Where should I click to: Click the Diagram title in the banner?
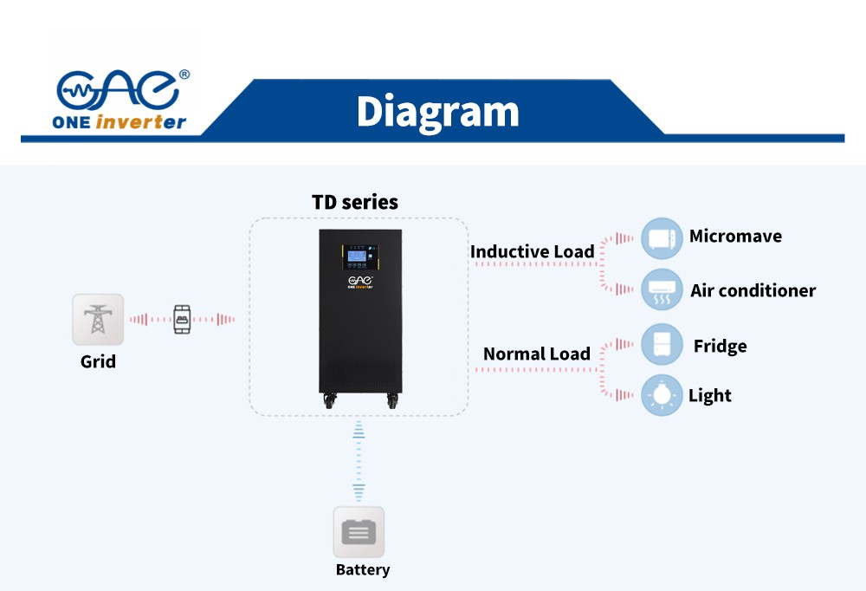[x=437, y=112]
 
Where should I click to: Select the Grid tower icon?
[x=98, y=319]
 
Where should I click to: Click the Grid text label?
[x=98, y=361]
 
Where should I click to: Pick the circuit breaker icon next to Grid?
[x=182, y=319]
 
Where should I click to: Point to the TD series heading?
[x=355, y=203]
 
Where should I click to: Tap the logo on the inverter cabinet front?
[x=359, y=283]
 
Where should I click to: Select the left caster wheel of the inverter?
[x=330, y=401]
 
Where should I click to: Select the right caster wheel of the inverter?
[x=391, y=401]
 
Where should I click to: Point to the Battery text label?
[x=363, y=570]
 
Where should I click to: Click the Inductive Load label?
[x=532, y=252]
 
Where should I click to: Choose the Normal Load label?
[x=537, y=354]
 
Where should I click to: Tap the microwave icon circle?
[x=662, y=238]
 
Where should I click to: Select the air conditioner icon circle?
[x=662, y=290]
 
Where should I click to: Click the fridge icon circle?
[x=662, y=345]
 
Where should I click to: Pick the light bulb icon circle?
[x=662, y=396]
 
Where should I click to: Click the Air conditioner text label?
[x=753, y=291]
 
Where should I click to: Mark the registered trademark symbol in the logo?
[x=184, y=75]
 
